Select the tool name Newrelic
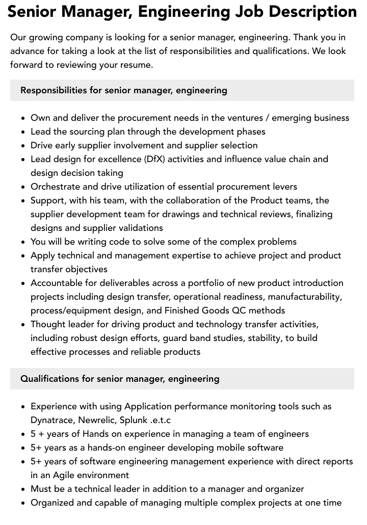point(97,420)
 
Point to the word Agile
point(67,475)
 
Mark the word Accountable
point(58,283)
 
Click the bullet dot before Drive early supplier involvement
point(23,146)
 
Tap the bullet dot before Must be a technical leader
point(23,489)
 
